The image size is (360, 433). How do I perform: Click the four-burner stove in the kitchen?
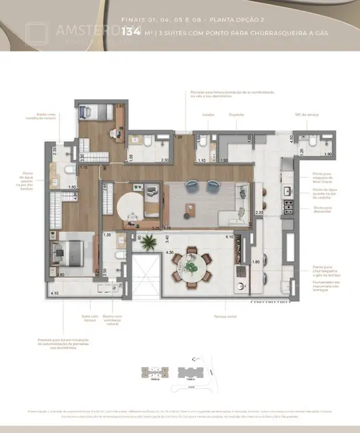(x=289, y=207)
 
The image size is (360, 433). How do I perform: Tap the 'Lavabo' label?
(x=208, y=114)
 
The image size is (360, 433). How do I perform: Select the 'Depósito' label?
(x=236, y=114)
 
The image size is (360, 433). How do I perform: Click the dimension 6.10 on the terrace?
(x=228, y=237)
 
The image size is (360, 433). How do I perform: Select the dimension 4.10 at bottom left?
(x=54, y=293)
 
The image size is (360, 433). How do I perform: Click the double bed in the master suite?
(x=69, y=254)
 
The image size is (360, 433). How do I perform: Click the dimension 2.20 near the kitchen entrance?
(x=260, y=213)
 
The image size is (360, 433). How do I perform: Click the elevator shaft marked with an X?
(x=144, y=276)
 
